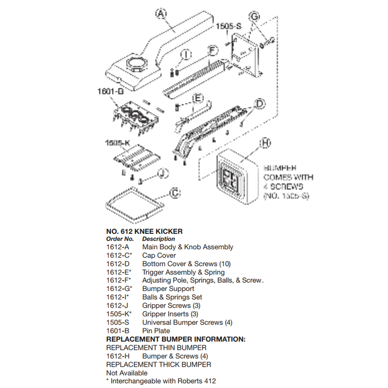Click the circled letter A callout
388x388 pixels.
160,14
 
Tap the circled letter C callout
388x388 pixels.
175,194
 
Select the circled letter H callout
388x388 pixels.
265,143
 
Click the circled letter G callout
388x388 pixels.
253,17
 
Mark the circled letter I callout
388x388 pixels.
187,55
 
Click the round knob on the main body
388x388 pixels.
135,63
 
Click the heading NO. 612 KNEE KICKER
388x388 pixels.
144,231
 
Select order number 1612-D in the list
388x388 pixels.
117,264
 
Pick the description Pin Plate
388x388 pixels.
156,331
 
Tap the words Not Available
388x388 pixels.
127,373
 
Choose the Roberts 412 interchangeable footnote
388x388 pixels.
161,381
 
